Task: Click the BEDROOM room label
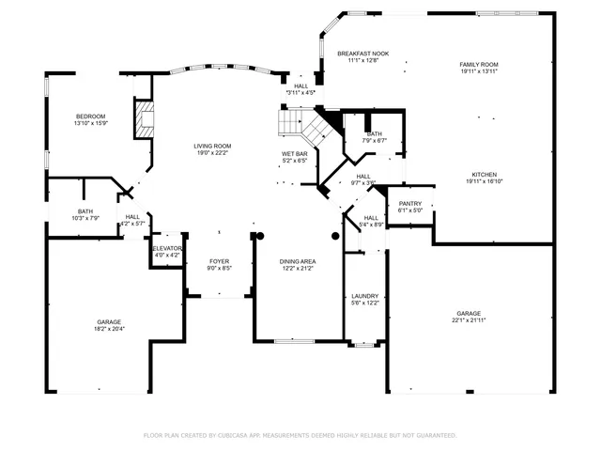[x=91, y=116]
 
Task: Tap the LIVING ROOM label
[x=212, y=146]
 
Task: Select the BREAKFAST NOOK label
[x=362, y=54]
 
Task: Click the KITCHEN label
[x=484, y=174]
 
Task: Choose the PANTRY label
[x=410, y=203]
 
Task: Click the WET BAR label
[x=295, y=153]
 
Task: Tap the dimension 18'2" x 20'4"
[x=109, y=329]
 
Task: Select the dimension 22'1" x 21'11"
[x=469, y=320]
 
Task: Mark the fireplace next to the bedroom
[x=144, y=119]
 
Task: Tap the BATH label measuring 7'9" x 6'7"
[x=374, y=133]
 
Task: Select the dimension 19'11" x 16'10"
[x=484, y=181]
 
